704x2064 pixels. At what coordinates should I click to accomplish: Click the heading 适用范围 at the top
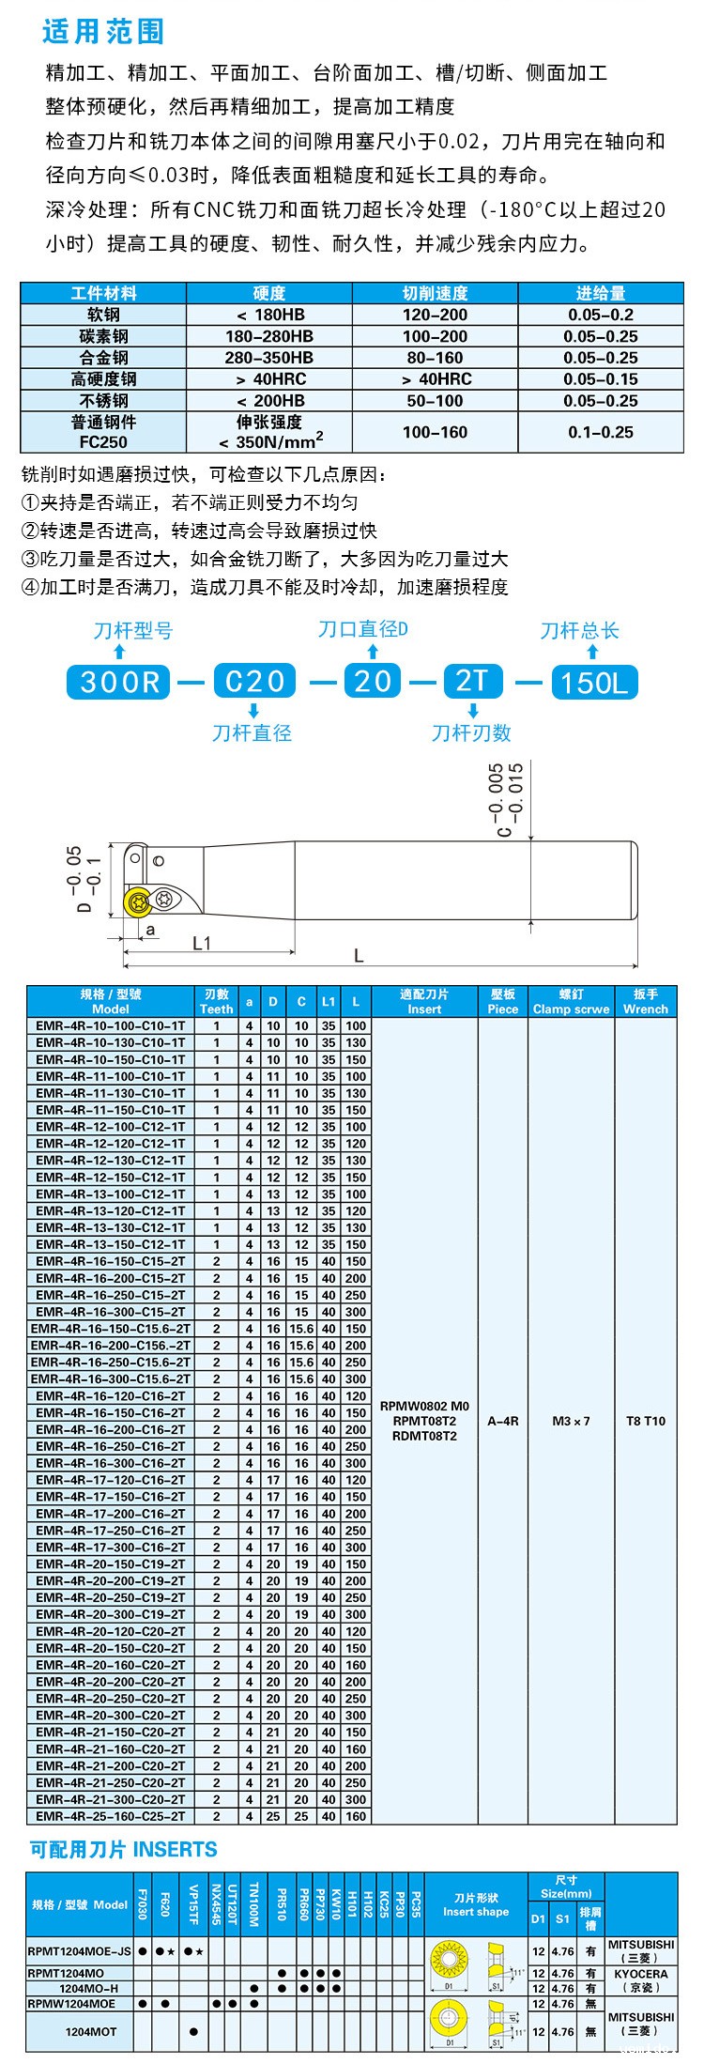pos(103,31)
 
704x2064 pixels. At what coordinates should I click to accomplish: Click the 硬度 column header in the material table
pos(269,293)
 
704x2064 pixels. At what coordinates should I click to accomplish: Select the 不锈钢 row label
pos(103,400)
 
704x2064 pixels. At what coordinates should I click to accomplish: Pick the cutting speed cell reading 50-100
pos(435,400)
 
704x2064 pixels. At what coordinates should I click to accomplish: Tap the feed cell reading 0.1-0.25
pos(601,432)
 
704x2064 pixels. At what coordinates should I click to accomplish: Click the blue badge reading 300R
pos(119,682)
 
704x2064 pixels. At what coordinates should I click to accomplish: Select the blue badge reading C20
pos(254,681)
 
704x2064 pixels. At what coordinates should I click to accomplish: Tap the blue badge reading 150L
pos(594,682)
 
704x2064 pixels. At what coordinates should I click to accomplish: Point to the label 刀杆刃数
pos(471,732)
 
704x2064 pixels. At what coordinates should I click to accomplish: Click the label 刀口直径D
pos(362,629)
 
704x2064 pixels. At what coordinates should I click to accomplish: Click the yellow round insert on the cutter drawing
pos(139,901)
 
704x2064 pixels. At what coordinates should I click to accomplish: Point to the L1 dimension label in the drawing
pos(202,943)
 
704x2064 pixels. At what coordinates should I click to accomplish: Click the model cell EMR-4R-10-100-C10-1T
pos(111,1025)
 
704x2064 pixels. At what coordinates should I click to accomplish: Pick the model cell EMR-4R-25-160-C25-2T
pos(111,1816)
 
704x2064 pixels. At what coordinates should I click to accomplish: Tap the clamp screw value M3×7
pos(571,1421)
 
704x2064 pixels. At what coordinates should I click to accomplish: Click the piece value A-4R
pos(503,1421)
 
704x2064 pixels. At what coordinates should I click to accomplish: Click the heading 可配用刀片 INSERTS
pos(124,1849)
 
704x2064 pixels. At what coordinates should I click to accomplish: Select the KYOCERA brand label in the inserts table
pos(641,1974)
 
